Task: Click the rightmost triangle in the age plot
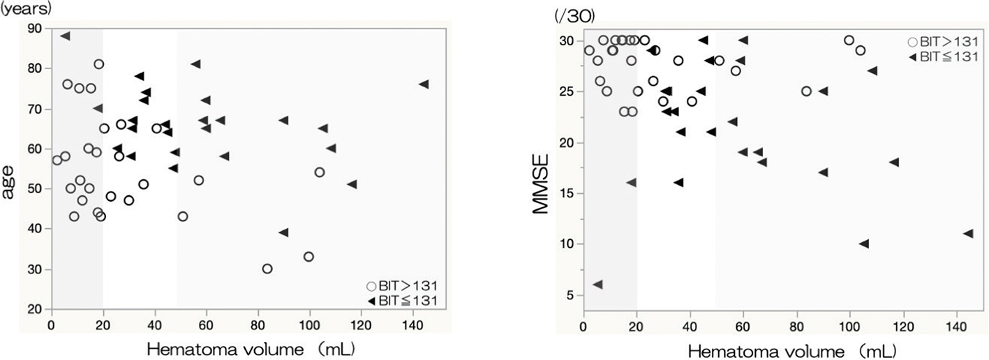(x=424, y=84)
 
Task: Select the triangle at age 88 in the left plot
(x=65, y=36)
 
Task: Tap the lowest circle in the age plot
(x=267, y=269)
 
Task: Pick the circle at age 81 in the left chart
(x=99, y=64)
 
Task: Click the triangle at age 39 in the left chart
(x=283, y=232)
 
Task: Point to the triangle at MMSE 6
(x=597, y=285)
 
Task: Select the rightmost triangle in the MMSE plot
(x=968, y=233)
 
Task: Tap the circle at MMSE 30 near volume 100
(x=849, y=40)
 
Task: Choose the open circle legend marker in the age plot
(x=372, y=286)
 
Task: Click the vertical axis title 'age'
(x=10, y=183)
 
